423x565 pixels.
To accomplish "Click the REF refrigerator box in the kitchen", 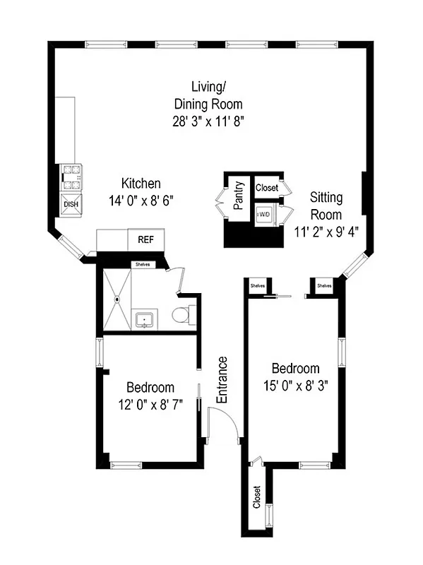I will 145,239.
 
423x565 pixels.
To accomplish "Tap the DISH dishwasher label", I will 71,205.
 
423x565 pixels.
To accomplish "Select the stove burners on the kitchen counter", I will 71,177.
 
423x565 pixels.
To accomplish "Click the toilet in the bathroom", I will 181,314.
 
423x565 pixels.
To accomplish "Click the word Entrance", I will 222,380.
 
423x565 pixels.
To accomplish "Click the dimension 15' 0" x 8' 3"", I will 295,386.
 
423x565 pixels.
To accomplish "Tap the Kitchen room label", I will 141,183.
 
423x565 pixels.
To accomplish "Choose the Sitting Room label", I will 326,207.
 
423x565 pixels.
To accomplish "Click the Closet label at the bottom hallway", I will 257,498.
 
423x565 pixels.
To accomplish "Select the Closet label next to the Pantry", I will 266,188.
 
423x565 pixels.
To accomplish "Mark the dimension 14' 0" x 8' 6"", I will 141,200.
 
